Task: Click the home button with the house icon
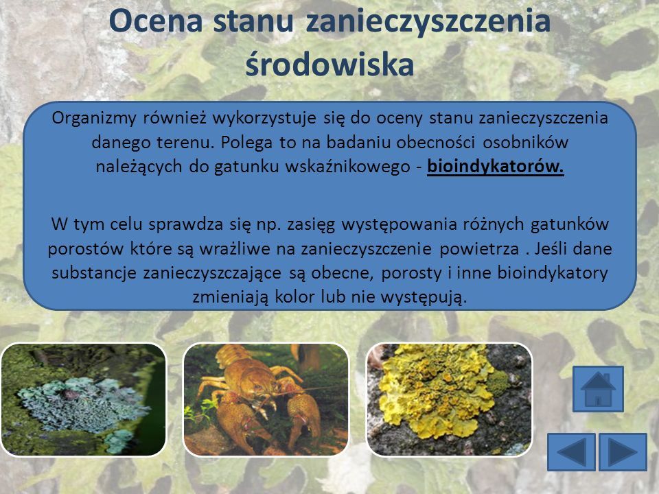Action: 598,388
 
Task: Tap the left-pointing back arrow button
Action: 571,452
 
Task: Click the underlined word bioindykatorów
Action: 496,167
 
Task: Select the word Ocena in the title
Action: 156,21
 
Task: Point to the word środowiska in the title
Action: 330,64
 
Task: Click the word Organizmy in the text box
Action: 94,119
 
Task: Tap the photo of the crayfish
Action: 266,399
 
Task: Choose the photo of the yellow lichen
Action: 449,399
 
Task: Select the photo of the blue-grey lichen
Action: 83,399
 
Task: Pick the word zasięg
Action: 311,225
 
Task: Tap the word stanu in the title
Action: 253,21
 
